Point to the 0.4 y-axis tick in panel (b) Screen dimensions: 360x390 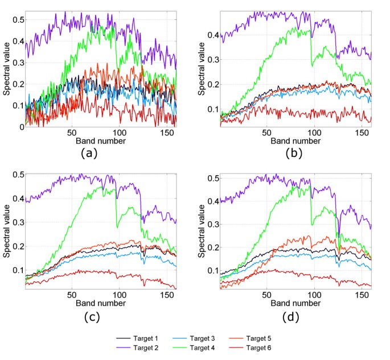click(212, 35)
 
